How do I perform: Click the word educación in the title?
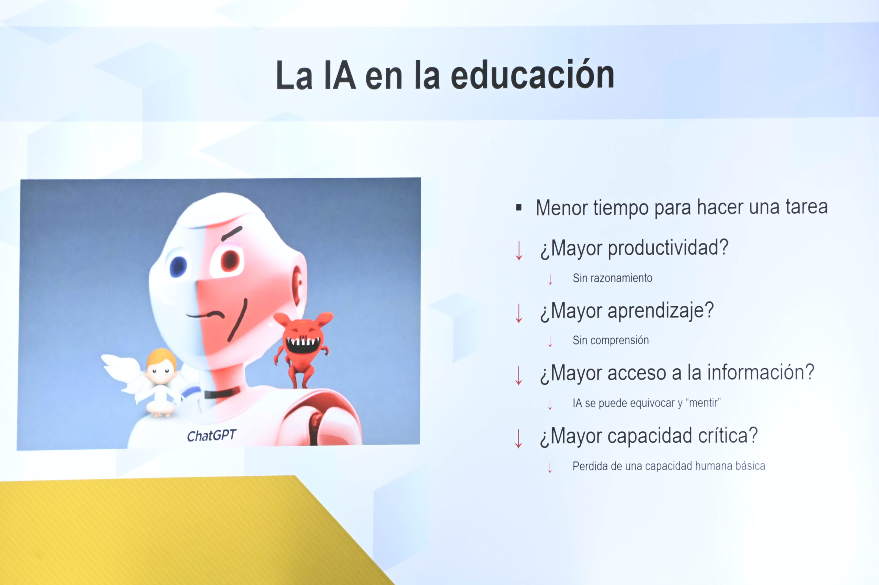[532, 75]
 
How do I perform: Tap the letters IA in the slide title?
[340, 76]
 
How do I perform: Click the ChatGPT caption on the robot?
[212, 435]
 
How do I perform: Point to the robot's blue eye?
[178, 266]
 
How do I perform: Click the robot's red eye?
[229, 260]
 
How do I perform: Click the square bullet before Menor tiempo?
[518, 207]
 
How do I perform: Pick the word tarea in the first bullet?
[807, 206]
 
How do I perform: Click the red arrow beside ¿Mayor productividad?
[519, 250]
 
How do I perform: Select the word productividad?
[668, 248]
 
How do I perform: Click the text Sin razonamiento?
[612, 278]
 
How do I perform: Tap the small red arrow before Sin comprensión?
[550, 341]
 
